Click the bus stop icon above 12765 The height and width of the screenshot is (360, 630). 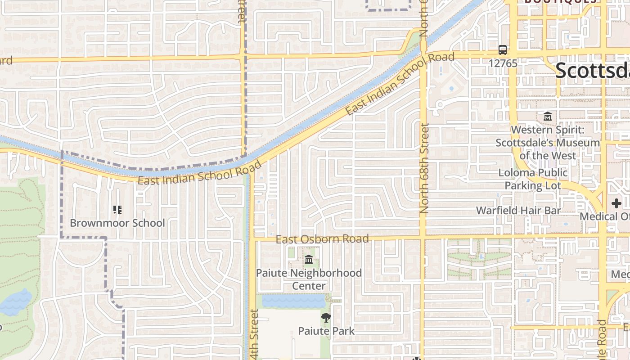(x=503, y=50)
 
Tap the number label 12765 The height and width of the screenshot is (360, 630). (x=503, y=63)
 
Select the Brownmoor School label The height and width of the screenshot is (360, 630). (x=117, y=223)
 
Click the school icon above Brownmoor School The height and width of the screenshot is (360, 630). (x=117, y=210)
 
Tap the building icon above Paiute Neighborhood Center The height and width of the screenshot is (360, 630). (x=309, y=260)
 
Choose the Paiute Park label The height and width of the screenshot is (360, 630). (x=326, y=331)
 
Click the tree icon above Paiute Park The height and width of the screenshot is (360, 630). (x=326, y=318)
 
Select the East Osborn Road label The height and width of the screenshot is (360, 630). (x=322, y=238)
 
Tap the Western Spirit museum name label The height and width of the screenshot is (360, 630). (x=548, y=143)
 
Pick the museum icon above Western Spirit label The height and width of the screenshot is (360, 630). (x=548, y=117)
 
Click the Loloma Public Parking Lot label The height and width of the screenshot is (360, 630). (x=533, y=179)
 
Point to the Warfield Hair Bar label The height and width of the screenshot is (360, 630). (x=518, y=211)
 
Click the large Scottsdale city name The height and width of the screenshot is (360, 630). (x=592, y=71)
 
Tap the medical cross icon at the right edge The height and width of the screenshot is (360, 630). (x=616, y=203)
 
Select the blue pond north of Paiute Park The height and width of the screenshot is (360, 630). (x=293, y=301)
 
